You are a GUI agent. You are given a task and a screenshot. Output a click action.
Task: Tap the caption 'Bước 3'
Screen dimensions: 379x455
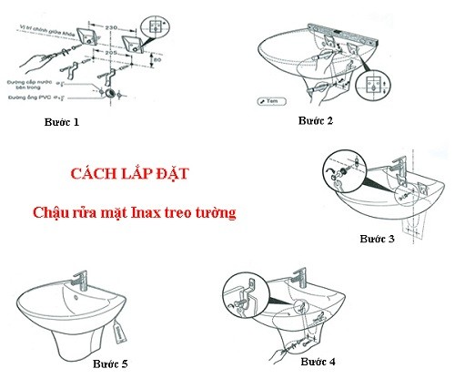(378, 238)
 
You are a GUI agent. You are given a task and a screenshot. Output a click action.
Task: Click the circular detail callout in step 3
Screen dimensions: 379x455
(339, 172)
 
